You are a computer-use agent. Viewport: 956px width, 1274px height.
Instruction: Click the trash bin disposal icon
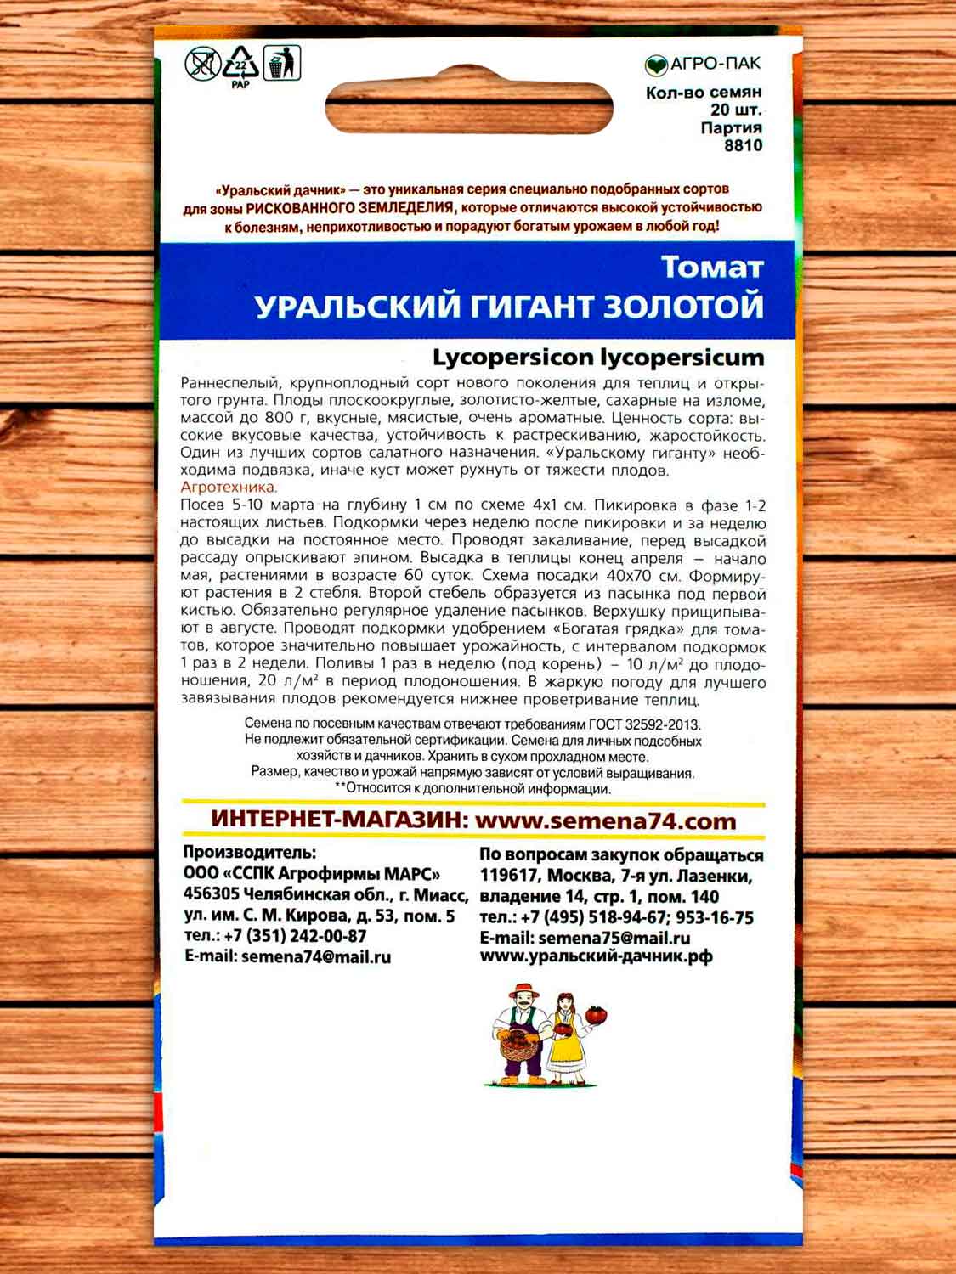(x=282, y=63)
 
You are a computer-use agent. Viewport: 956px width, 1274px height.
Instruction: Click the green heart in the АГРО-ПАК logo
(x=656, y=65)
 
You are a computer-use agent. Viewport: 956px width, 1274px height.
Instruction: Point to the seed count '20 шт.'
(x=736, y=110)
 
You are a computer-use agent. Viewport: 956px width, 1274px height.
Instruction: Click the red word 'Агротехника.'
(x=229, y=488)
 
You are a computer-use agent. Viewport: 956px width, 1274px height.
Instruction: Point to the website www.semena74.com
(x=605, y=821)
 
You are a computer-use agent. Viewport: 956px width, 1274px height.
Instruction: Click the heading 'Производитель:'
(x=250, y=853)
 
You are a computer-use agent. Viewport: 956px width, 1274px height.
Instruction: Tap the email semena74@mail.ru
(x=316, y=956)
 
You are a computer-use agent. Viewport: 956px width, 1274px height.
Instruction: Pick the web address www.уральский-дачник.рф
(x=596, y=956)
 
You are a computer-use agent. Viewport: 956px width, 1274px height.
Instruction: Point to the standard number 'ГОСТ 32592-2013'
(x=643, y=724)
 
